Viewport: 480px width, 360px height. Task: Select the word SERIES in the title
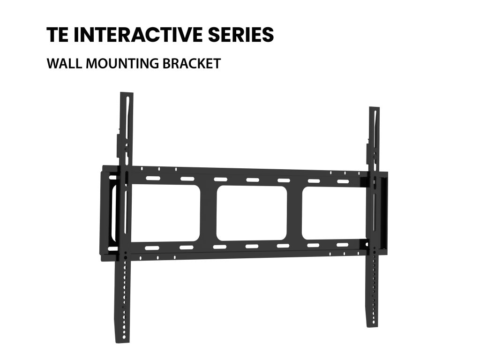(x=247, y=35)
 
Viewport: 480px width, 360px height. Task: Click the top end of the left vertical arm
(x=127, y=94)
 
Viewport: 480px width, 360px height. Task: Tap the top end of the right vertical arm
(x=374, y=109)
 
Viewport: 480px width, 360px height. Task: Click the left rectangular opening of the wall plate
(x=166, y=213)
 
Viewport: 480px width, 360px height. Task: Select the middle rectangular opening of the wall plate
(x=252, y=213)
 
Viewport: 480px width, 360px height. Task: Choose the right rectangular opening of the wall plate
(x=333, y=213)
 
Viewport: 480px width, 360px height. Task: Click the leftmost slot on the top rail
(x=152, y=178)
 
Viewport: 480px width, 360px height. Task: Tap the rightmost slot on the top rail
(x=343, y=181)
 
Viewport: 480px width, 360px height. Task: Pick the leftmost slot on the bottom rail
(x=152, y=247)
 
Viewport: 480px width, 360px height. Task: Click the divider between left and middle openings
(x=209, y=213)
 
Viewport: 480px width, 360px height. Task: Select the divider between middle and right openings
(x=294, y=213)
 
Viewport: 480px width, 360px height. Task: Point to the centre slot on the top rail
(x=252, y=180)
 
